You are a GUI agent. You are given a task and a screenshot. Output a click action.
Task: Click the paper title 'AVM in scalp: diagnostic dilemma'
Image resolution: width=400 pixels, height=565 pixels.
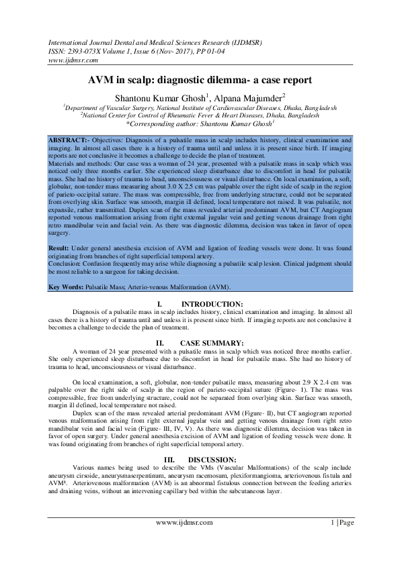coord(200,79)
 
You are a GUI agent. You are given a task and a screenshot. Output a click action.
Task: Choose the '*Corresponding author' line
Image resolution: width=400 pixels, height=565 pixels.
coord(200,123)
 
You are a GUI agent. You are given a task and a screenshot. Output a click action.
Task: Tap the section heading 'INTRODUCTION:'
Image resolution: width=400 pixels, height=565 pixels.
coord(212,304)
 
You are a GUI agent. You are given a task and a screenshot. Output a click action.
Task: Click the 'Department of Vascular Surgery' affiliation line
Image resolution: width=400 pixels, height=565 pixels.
coord(200,107)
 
